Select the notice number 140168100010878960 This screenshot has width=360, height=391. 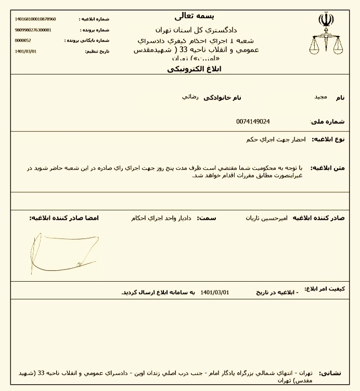(x=35, y=19)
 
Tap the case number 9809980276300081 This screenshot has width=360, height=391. (x=33, y=30)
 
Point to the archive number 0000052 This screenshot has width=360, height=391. (x=23, y=40)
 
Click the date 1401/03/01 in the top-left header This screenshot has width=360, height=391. (x=26, y=51)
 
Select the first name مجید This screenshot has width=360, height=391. (x=320, y=97)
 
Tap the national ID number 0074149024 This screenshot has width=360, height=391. (x=253, y=121)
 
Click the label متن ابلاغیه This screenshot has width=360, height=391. (x=328, y=168)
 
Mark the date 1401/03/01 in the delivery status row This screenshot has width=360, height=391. (x=214, y=292)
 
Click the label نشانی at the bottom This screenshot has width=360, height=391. (x=331, y=373)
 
